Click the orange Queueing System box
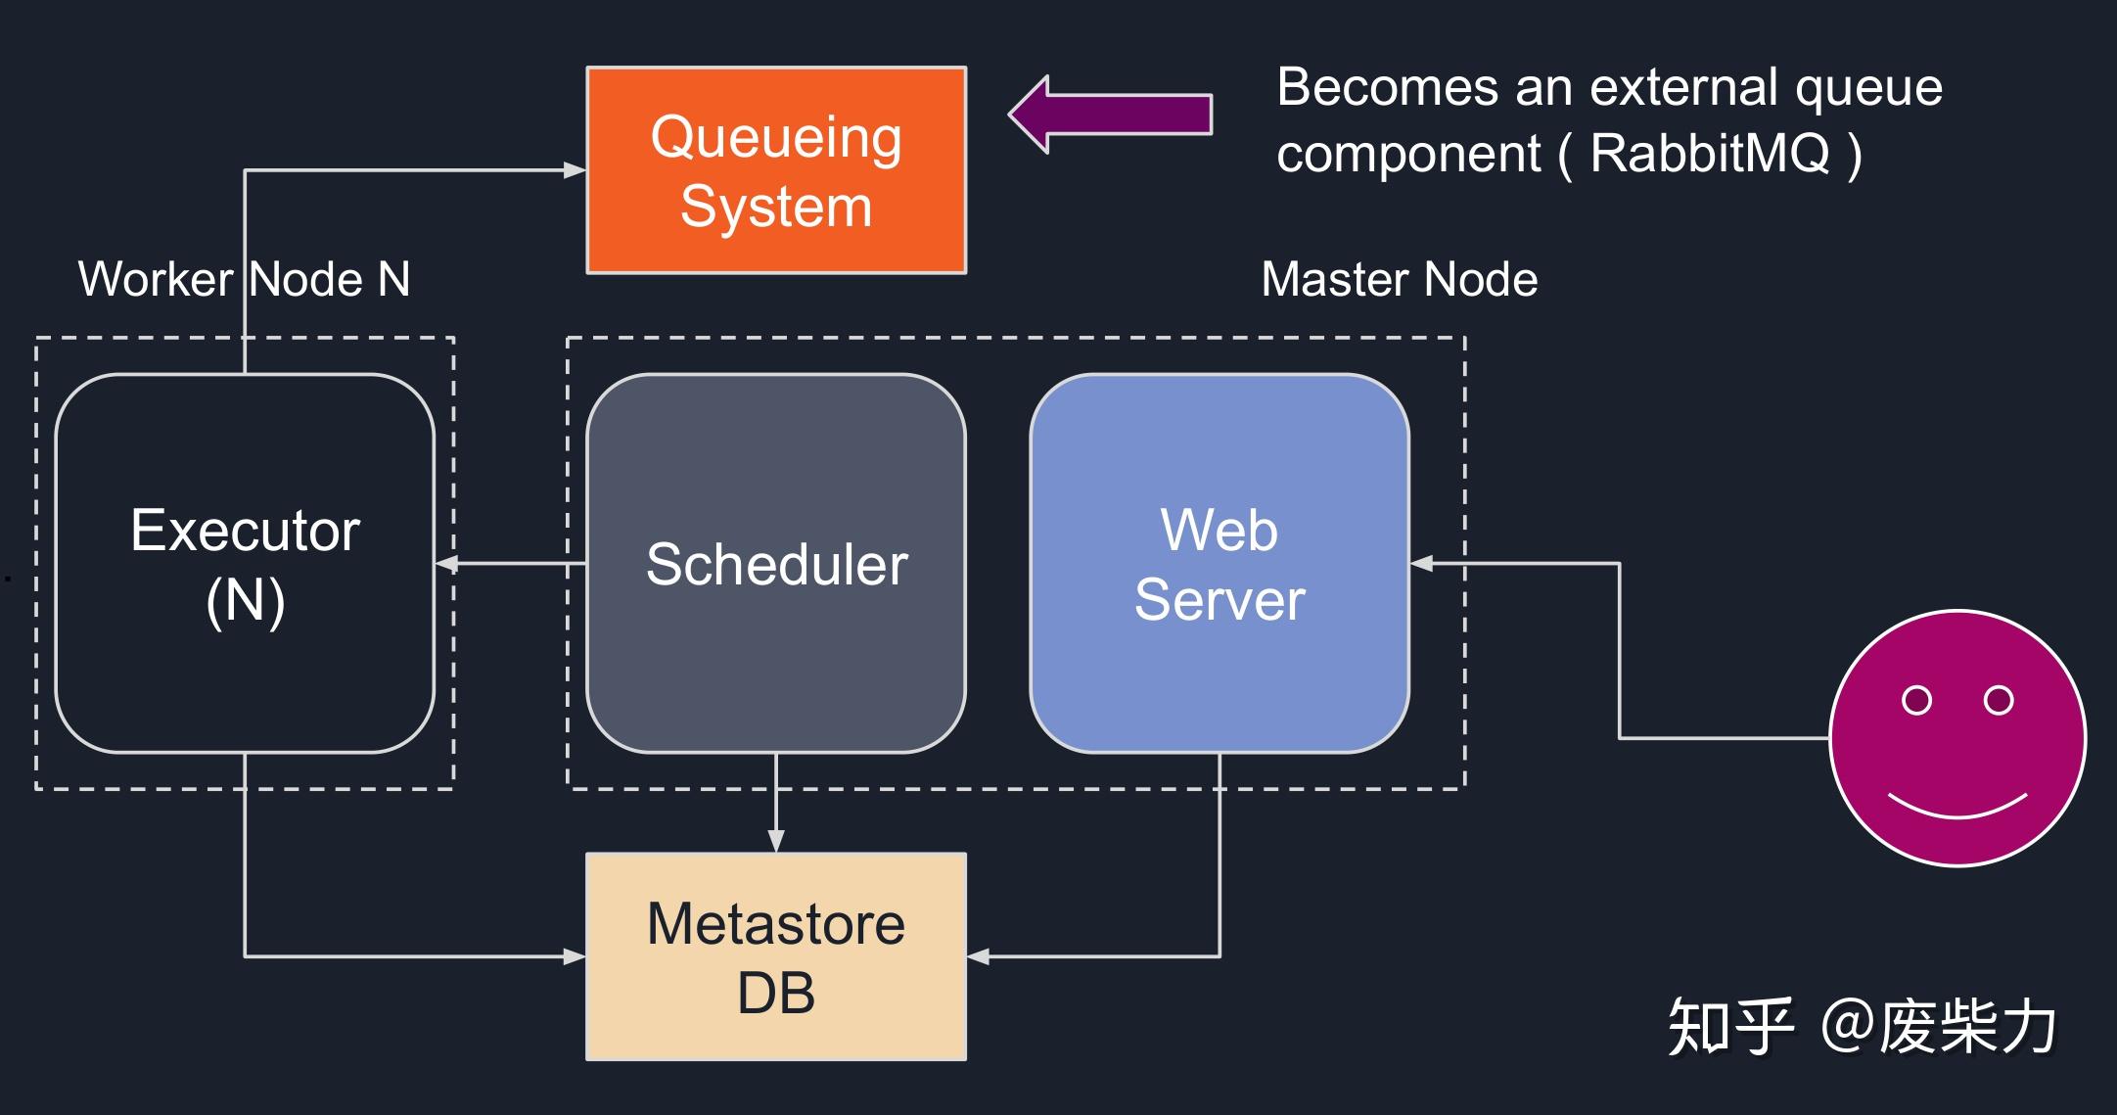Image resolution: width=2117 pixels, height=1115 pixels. click(776, 170)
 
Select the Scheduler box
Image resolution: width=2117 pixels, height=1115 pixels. click(776, 563)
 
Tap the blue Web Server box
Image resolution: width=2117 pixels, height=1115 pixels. click(1220, 563)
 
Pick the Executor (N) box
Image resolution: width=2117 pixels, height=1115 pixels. click(245, 563)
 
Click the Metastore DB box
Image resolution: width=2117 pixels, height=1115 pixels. click(776, 956)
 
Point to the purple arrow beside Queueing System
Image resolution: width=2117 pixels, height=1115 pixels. click(1110, 115)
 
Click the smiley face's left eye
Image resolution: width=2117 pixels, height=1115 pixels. click(1916, 700)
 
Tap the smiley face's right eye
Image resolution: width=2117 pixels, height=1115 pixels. click(1999, 700)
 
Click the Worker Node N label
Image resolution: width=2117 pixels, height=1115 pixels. click(245, 280)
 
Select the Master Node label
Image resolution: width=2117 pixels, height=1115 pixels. click(1400, 280)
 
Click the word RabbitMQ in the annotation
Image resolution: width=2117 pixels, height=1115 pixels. click(1710, 154)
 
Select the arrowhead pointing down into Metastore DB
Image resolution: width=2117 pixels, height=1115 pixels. click(776, 841)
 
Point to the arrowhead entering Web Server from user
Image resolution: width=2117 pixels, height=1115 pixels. click(1422, 564)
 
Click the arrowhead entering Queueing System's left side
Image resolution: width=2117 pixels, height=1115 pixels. click(575, 170)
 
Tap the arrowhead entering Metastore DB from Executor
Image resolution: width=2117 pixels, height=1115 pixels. click(575, 956)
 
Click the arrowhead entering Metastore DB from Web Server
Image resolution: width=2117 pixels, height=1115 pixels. click(979, 956)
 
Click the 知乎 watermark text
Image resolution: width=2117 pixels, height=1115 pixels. click(1730, 1027)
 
